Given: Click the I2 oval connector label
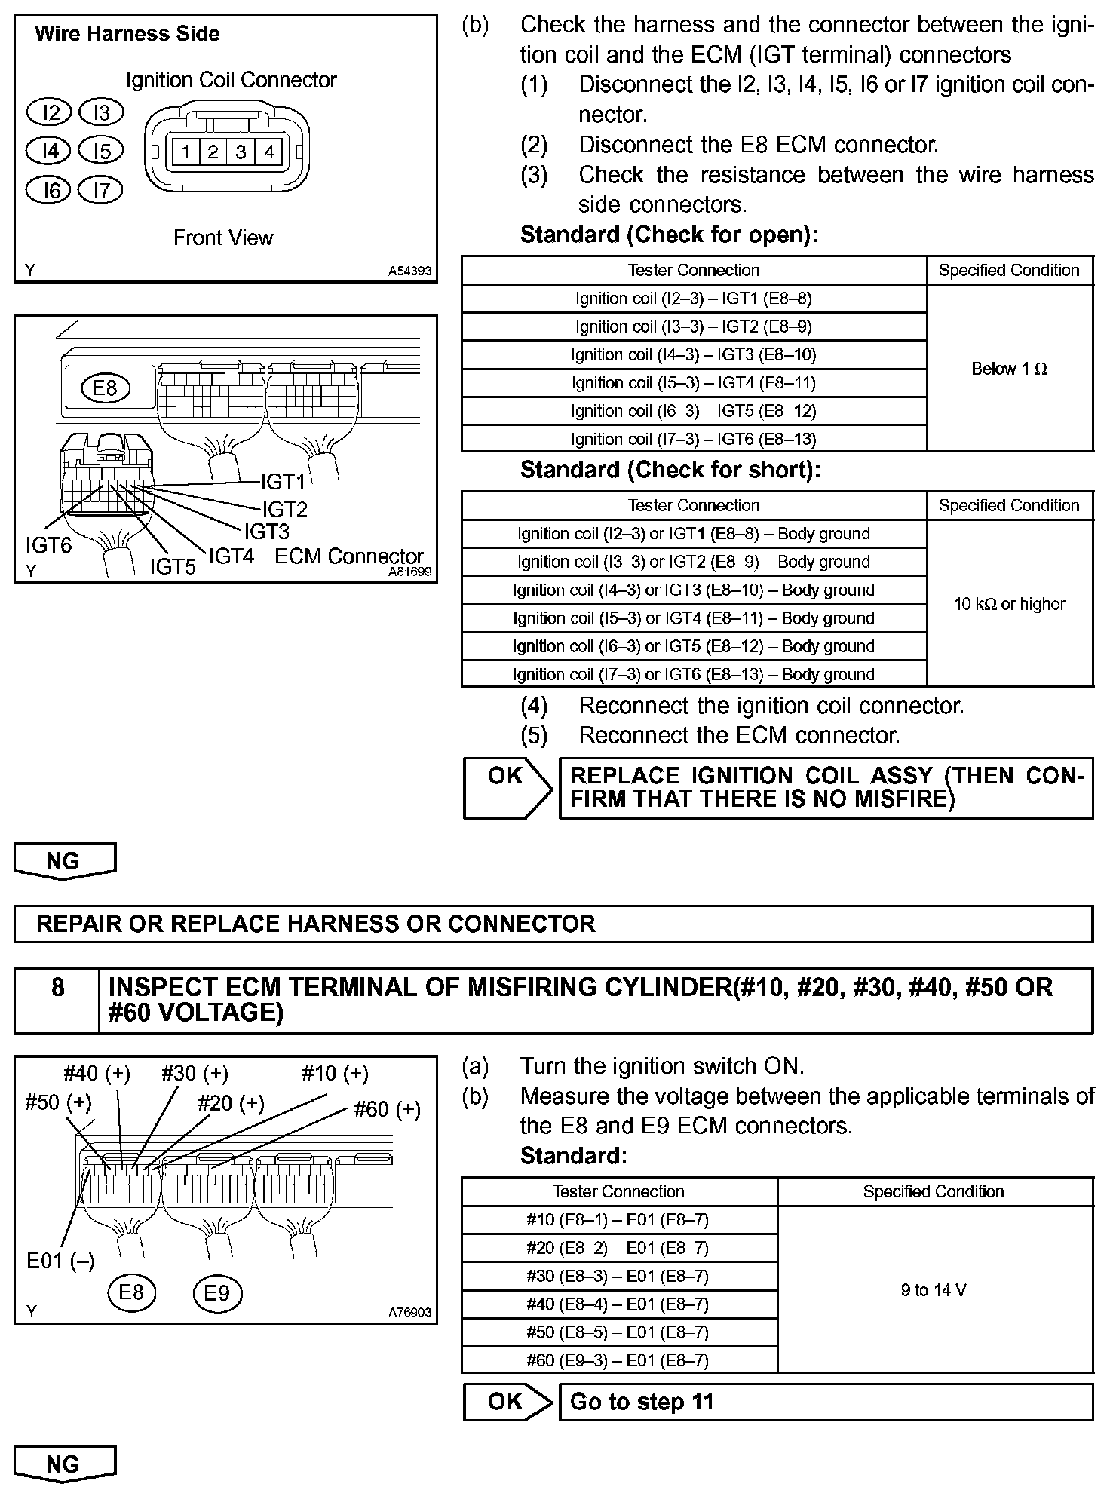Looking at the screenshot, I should point(49,113).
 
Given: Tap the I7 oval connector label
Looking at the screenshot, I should point(101,190).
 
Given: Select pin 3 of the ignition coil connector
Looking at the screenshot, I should point(241,152).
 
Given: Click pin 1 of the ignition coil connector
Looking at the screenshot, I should point(185,152).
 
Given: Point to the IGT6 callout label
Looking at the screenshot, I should point(48,544).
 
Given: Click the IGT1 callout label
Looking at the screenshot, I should point(283,481).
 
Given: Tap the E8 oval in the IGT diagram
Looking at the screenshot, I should point(106,388).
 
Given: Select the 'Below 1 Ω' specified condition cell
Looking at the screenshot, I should point(1009,369).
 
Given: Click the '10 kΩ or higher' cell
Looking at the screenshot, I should point(1009,604).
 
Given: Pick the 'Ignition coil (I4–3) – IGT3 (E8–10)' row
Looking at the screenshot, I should point(693,354).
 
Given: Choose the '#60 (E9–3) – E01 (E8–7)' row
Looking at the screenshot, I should point(618,1360).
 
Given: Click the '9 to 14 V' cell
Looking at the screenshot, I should point(934,1290).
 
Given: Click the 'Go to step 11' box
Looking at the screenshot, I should point(825,1402).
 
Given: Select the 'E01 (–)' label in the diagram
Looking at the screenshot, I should point(60,1261).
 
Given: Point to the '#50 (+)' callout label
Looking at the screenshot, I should point(58,1102).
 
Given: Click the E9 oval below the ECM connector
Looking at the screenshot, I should point(217,1293).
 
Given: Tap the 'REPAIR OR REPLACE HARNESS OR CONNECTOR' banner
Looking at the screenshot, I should point(553,924).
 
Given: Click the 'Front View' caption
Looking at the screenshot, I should point(223,238).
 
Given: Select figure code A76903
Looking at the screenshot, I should point(409,1313).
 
